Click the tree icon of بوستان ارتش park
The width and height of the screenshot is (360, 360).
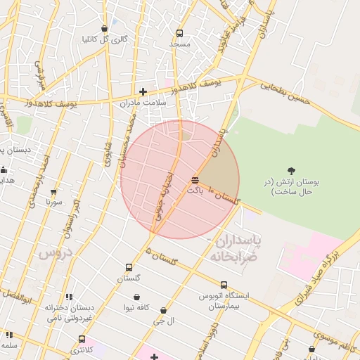point(291,170)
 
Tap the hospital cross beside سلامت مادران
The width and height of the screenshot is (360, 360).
point(143,91)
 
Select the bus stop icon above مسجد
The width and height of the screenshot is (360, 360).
point(179,33)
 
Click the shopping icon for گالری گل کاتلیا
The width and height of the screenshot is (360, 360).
point(105,29)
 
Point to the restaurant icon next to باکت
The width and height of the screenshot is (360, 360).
point(194,181)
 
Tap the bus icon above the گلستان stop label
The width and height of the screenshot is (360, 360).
point(129,267)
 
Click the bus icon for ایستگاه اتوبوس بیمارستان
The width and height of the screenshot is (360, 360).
point(224,285)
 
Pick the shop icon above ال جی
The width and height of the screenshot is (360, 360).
point(164,310)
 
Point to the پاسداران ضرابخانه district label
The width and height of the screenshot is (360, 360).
point(235,250)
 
